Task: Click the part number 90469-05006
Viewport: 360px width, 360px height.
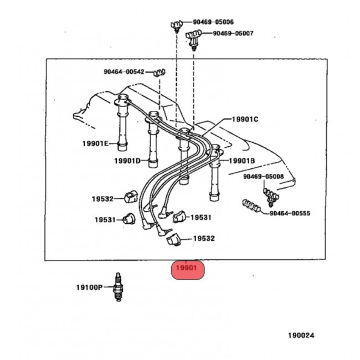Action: click(213, 22)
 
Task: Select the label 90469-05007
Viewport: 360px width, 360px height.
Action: click(233, 33)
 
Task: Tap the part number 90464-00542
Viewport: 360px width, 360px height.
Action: click(124, 72)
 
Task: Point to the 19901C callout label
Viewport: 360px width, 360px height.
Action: click(245, 120)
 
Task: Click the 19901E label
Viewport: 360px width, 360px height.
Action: click(95, 144)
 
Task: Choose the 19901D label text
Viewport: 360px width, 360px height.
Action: click(127, 161)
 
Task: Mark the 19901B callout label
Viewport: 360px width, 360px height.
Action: click(242, 161)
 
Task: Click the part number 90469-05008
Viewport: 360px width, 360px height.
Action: click(264, 177)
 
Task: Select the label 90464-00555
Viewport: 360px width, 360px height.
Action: click(290, 213)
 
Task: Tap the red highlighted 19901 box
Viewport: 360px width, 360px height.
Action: click(188, 270)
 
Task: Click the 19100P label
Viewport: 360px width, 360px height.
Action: click(89, 287)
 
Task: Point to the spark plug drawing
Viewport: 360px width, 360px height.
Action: click(118, 287)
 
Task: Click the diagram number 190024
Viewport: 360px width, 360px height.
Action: click(301, 336)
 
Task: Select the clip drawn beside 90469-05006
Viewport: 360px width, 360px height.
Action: click(177, 25)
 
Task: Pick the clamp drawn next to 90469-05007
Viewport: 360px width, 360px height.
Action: click(193, 39)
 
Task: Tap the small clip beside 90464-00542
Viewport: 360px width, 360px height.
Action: click(160, 73)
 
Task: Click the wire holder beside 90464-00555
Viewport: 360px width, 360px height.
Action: click(251, 205)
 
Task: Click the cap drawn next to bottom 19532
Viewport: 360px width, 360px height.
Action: click(174, 240)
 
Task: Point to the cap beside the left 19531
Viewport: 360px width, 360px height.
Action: click(129, 219)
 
